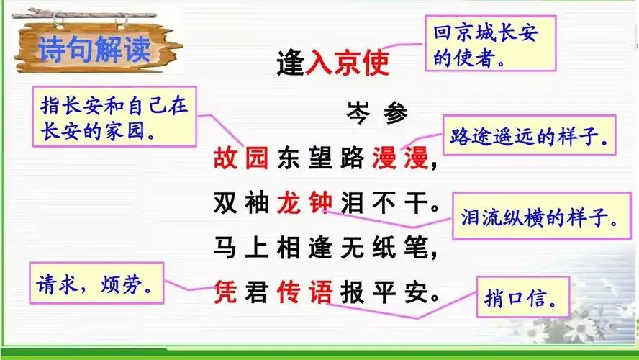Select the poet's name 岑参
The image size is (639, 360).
(x=376, y=114)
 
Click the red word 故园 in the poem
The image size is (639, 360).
(x=240, y=158)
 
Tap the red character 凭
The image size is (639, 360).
(x=225, y=292)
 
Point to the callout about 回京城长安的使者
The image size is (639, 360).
(x=489, y=45)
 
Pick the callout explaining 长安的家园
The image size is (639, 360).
(x=114, y=117)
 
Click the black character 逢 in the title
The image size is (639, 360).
(x=291, y=63)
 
